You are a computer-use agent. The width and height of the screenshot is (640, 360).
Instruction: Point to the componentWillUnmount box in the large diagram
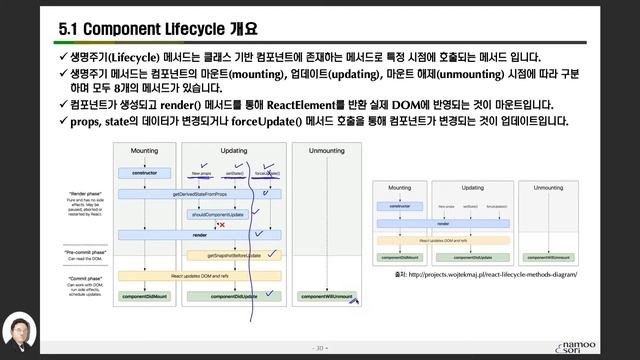coord(327,297)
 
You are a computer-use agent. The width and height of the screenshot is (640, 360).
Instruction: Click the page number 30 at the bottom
coord(319,348)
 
